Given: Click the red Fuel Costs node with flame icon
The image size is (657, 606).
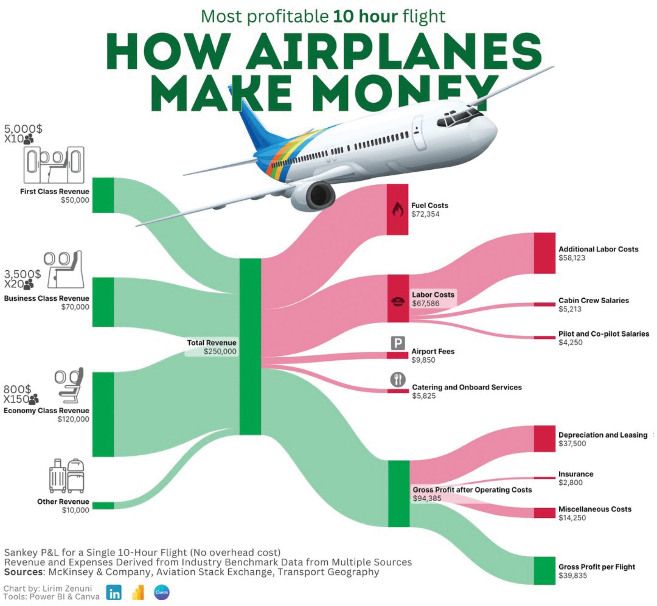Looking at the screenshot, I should click(397, 209).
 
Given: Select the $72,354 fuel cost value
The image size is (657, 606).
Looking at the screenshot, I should click(425, 214).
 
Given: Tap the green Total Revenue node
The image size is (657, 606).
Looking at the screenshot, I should click(250, 346).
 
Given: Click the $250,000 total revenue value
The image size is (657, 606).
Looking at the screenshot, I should click(220, 351).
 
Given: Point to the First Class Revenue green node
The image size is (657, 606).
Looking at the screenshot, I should click(103, 195).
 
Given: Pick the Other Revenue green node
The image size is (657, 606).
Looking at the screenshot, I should click(103, 505).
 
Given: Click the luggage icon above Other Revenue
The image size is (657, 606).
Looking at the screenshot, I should click(67, 476).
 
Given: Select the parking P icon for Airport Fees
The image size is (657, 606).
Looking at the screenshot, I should click(397, 343).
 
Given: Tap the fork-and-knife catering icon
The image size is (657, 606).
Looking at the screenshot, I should click(397, 380).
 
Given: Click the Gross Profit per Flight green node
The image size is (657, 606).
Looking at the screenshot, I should click(544, 570).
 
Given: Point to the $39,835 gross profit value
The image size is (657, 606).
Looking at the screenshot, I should click(572, 576).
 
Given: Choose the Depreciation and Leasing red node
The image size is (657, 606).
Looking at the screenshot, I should click(544, 439).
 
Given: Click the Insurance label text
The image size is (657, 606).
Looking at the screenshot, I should click(575, 474).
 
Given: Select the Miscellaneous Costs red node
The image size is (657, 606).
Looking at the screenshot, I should click(544, 513).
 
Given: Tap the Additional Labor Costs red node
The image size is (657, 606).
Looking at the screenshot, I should click(544, 253).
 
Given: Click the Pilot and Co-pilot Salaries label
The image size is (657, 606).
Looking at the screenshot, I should click(603, 334).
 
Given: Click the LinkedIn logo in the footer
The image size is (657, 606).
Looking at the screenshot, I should click(114, 593).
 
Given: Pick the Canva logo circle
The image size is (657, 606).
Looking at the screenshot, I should click(161, 592).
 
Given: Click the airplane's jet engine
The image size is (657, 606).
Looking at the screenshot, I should click(316, 196).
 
